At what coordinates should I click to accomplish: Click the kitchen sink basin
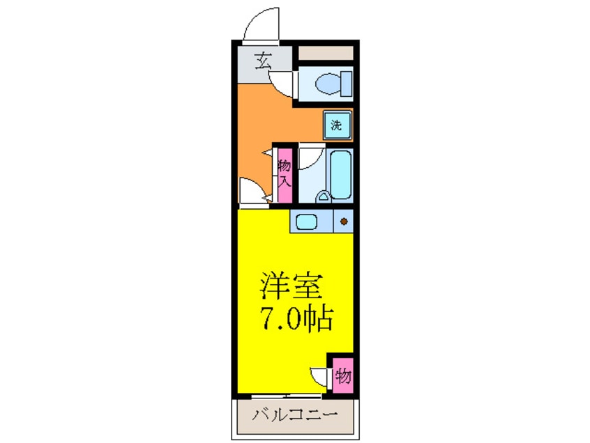pos(305,222)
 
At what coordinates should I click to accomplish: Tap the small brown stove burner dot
pos(343,222)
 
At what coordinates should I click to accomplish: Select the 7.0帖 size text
pos(296,319)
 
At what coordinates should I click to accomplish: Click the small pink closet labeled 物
pos(342,377)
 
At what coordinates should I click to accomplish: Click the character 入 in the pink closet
pos(285,184)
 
